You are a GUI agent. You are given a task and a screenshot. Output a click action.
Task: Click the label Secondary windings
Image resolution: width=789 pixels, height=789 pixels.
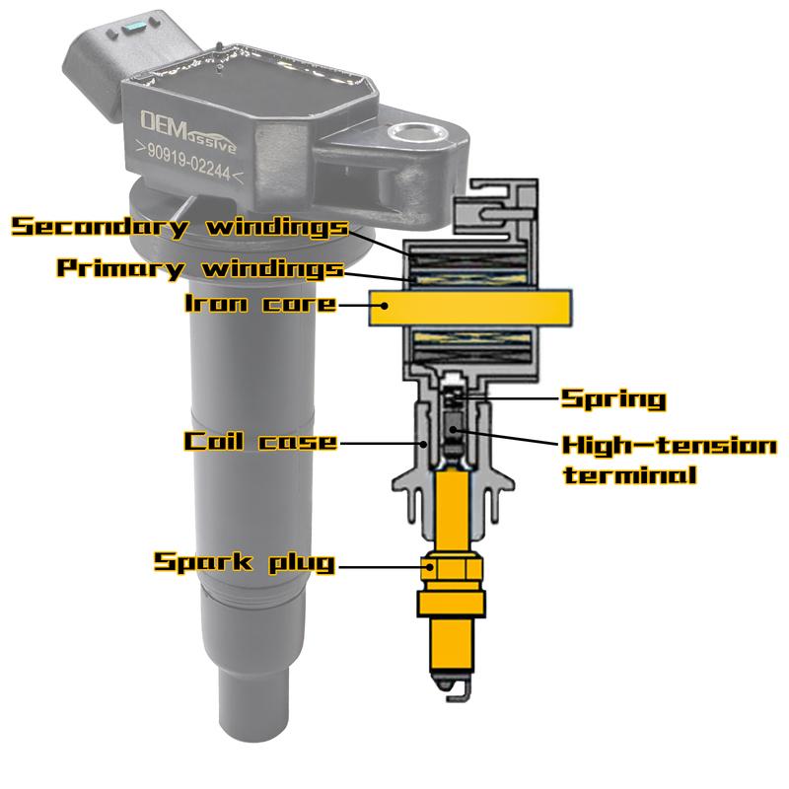pyautogui.click(x=179, y=227)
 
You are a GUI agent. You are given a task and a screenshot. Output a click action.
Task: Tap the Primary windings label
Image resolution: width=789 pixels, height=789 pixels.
pyautogui.click(x=200, y=267)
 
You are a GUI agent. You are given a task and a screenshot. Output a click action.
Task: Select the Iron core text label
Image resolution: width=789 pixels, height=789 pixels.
pyautogui.click(x=260, y=304)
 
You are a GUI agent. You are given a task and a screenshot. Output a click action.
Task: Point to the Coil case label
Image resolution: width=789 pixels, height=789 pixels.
pyautogui.click(x=259, y=441)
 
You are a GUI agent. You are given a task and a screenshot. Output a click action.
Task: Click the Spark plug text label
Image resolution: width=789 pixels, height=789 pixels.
pyautogui.click(x=244, y=562)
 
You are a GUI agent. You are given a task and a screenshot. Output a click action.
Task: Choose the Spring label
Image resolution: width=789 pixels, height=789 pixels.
pyautogui.click(x=613, y=399)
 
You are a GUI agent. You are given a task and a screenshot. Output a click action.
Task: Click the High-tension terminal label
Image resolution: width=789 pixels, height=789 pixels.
pyautogui.click(x=670, y=460)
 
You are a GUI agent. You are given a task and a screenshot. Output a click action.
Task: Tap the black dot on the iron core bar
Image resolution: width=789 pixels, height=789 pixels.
pyautogui.click(x=385, y=305)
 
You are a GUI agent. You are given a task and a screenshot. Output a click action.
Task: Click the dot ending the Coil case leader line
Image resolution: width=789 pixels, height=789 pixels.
pyautogui.click(x=424, y=443)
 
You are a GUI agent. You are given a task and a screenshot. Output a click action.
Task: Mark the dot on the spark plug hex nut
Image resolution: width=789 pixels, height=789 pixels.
pyautogui.click(x=429, y=566)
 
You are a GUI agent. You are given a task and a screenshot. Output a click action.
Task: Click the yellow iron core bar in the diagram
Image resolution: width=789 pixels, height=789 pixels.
pyautogui.click(x=470, y=308)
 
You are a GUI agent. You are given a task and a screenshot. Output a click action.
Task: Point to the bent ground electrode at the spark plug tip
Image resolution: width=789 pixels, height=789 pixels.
pyautogui.click(x=459, y=691)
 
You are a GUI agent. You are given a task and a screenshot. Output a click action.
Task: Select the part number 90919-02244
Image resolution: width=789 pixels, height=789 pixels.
pyautogui.click(x=189, y=163)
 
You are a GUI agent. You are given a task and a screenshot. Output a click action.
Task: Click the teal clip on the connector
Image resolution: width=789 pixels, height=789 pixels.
pyautogui.click(x=136, y=27)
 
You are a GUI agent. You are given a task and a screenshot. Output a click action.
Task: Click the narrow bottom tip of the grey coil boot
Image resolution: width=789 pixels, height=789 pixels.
pyautogui.click(x=253, y=703)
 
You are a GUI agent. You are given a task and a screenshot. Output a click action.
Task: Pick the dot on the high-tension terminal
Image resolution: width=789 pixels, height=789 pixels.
pyautogui.click(x=453, y=429)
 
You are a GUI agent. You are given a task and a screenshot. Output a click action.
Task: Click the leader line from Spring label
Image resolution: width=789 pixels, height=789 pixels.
pyautogui.click(x=510, y=398)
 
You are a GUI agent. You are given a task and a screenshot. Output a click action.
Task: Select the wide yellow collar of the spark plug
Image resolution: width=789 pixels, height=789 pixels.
pyautogui.click(x=452, y=604)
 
